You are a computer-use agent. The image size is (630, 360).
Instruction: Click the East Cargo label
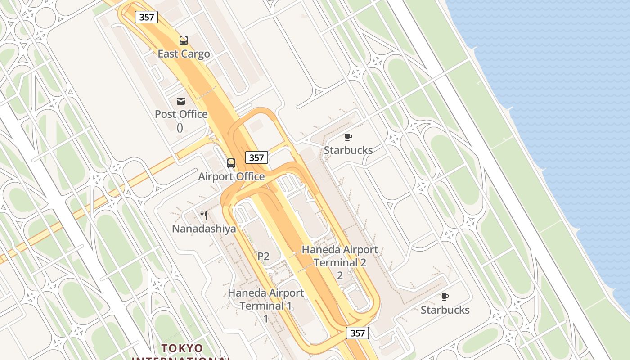(184, 54)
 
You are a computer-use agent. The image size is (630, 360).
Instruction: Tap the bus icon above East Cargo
(184, 40)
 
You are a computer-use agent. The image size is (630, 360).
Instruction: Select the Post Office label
(181, 114)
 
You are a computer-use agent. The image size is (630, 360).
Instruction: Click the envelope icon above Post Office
(181, 101)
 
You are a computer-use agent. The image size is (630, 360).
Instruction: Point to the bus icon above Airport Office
(231, 163)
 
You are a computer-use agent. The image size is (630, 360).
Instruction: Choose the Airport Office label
(231, 176)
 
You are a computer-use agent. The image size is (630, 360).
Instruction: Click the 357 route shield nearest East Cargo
(147, 18)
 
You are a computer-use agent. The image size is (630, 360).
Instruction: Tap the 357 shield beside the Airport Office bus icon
(256, 157)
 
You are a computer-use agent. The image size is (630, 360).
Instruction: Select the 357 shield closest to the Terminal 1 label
(358, 333)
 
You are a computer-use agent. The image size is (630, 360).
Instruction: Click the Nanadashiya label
(204, 229)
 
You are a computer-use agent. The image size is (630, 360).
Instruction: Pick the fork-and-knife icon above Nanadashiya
(204, 216)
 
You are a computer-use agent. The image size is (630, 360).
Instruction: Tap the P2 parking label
(263, 256)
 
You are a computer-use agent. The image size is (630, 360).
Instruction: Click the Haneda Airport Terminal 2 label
(340, 256)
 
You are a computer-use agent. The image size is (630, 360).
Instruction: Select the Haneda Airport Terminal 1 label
(266, 299)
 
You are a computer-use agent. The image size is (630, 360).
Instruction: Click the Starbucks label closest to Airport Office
(348, 150)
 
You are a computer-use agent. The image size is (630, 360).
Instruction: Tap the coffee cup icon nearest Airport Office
(348, 137)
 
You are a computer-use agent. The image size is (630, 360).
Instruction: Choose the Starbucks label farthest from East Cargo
(445, 310)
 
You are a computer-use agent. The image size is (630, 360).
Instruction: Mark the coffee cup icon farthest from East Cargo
(445, 297)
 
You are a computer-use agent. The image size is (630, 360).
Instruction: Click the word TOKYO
(182, 348)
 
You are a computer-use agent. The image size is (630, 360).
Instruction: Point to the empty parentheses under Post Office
(180, 127)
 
